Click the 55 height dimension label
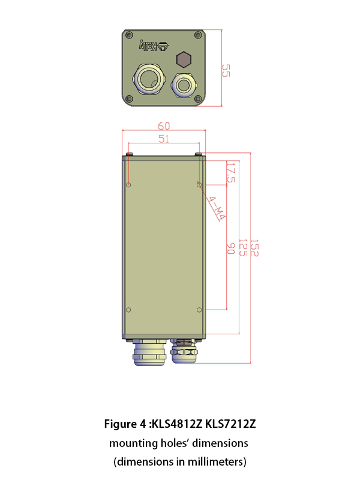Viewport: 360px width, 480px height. [226, 71]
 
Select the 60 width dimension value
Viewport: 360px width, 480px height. [164, 125]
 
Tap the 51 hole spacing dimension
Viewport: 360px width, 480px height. [164, 139]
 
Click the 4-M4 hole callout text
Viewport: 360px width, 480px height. [214, 208]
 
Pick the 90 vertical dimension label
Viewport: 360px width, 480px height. [230, 248]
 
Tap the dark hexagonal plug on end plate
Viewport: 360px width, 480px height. [184, 60]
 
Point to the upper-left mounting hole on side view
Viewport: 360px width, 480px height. [128, 184]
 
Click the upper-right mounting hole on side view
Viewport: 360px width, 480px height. [199, 184]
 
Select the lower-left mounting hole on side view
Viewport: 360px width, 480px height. [128, 310]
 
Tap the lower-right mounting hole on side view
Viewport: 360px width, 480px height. [199, 310]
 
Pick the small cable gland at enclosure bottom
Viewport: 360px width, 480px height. [184, 352]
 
